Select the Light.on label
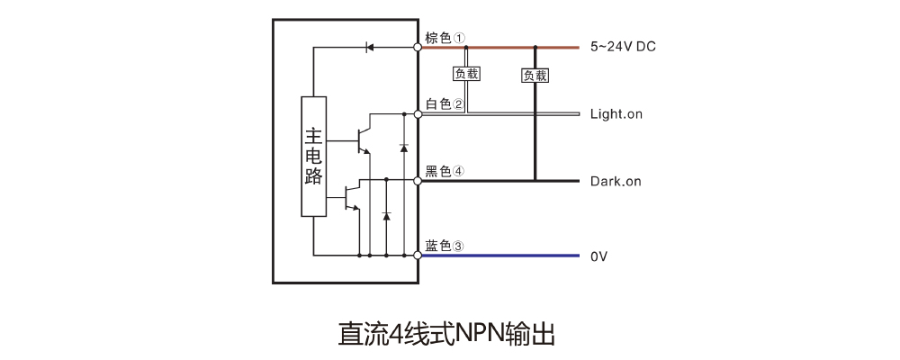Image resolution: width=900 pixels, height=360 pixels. (616, 114)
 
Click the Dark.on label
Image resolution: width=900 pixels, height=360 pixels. (616, 182)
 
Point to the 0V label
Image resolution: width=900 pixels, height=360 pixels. (599, 257)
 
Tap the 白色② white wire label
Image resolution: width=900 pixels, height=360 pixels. (445, 104)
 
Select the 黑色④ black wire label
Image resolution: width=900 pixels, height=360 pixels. (445, 171)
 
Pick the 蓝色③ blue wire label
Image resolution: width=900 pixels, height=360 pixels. (445, 246)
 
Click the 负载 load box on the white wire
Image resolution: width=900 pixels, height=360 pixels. (466, 74)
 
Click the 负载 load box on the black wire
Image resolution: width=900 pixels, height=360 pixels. (535, 76)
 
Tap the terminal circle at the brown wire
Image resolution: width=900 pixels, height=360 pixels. (418, 45)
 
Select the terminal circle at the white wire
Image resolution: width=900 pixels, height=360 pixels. (418, 114)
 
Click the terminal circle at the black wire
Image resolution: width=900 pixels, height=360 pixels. (418, 181)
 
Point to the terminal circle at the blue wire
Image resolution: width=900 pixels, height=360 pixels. (418, 256)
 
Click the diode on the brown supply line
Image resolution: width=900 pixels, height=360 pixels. (369, 46)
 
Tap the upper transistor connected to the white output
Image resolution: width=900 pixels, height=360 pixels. (363, 139)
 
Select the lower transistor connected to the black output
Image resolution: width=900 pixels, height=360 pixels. (353, 196)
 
